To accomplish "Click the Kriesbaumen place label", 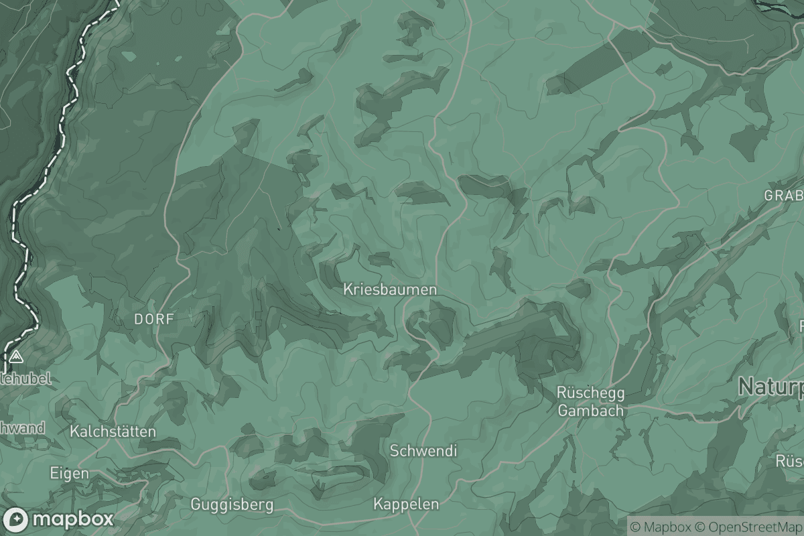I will pyautogui.click(x=390, y=289).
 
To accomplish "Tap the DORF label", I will pyautogui.click(x=153, y=320).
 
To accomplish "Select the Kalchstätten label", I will pyautogui.click(x=113, y=431).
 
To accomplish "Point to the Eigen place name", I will pyautogui.click(x=70, y=473).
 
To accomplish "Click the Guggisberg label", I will pyautogui.click(x=232, y=504).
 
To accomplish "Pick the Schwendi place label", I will pyautogui.click(x=423, y=451).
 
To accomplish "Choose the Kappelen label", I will pyautogui.click(x=407, y=505).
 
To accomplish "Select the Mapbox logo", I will pyautogui.click(x=59, y=519).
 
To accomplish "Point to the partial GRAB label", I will pyautogui.click(x=784, y=196).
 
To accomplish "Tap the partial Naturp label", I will pyautogui.click(x=770, y=387).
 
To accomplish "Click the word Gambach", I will pyautogui.click(x=591, y=411).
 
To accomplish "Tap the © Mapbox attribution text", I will pyautogui.click(x=660, y=527).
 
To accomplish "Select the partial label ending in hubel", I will pyautogui.click(x=27, y=379).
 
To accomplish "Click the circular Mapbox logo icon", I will pyautogui.click(x=15, y=519).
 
